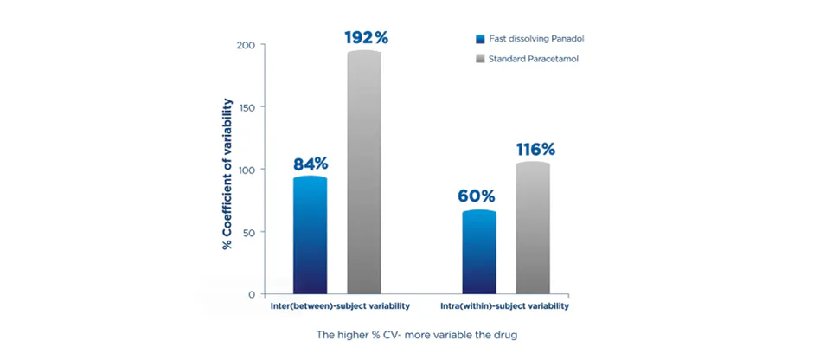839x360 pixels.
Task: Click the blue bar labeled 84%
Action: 310,235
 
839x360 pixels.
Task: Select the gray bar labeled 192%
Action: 364,173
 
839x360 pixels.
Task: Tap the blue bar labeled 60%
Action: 479,252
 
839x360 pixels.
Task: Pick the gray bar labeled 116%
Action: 533,228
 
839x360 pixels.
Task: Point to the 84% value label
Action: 310,164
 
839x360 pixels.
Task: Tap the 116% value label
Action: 535,149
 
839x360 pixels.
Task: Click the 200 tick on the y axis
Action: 246,45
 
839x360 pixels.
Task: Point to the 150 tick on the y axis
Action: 246,107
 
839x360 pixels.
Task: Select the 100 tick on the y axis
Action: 246,170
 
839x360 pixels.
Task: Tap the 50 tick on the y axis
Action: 248,232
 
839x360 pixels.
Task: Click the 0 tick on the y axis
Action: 252,294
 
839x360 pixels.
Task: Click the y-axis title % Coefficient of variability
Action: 227,173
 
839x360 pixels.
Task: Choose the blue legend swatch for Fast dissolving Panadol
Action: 480,39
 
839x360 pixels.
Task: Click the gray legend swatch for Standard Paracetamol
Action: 480,59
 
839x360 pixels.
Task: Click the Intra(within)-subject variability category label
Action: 507,306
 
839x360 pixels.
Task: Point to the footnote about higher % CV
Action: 416,334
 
